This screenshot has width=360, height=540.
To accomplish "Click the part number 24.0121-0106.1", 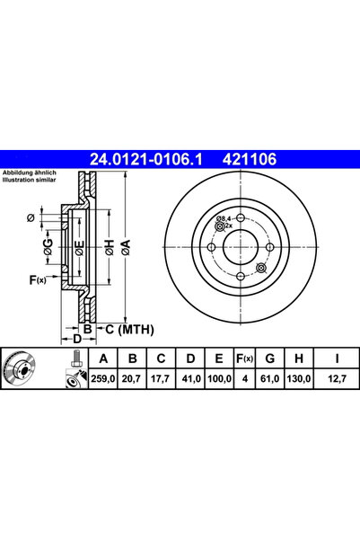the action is pyautogui.click(x=146, y=159).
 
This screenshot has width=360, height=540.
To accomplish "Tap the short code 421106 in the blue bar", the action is pyautogui.click(x=250, y=159).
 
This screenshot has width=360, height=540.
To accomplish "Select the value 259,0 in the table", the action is pyautogui.click(x=103, y=379).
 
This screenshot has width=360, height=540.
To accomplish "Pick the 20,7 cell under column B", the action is pyautogui.click(x=131, y=379).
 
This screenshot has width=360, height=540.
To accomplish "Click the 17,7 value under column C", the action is pyautogui.click(x=161, y=379).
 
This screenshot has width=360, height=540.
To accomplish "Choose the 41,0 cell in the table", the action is pyautogui.click(x=191, y=379).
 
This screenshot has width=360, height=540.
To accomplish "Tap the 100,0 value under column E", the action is pyautogui.click(x=219, y=379).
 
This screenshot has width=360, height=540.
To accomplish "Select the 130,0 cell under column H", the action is pyautogui.click(x=299, y=379).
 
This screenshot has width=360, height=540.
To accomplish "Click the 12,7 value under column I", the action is pyautogui.click(x=338, y=379).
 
